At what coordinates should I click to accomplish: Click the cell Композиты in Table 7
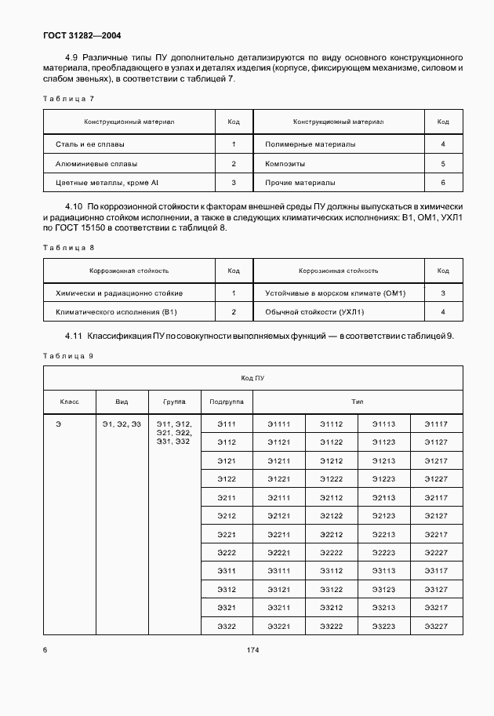tap(285, 164)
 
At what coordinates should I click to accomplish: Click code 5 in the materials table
tap(443, 164)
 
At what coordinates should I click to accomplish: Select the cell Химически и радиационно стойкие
tap(119, 293)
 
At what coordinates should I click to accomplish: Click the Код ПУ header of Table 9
tap(252, 377)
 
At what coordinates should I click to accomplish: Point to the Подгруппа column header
tap(227, 401)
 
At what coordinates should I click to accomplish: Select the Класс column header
tap(69, 401)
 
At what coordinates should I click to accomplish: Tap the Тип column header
tap(357, 401)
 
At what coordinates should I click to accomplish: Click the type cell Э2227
tap(435, 552)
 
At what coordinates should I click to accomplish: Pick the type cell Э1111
tap(278, 424)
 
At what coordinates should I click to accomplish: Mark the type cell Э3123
tap(383, 589)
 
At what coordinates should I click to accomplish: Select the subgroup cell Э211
tap(227, 498)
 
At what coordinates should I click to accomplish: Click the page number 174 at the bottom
tap(252, 650)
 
